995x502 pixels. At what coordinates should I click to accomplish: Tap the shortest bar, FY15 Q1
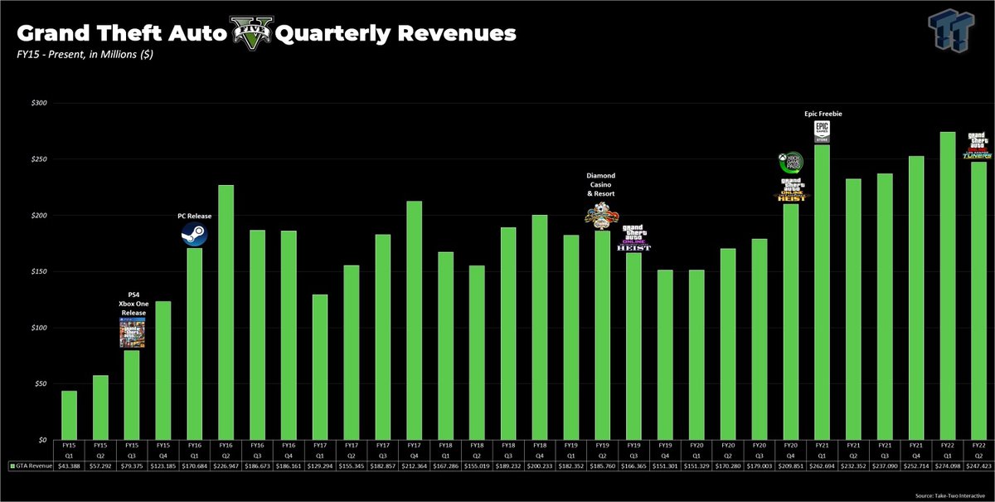click(69, 415)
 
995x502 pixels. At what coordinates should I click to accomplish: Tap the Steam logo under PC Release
click(194, 236)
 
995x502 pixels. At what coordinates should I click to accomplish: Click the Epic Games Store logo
click(822, 131)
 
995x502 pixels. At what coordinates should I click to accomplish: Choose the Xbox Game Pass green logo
click(789, 161)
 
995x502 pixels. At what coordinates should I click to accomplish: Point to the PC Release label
click(194, 217)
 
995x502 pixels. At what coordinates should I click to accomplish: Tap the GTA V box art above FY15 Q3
click(132, 333)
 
